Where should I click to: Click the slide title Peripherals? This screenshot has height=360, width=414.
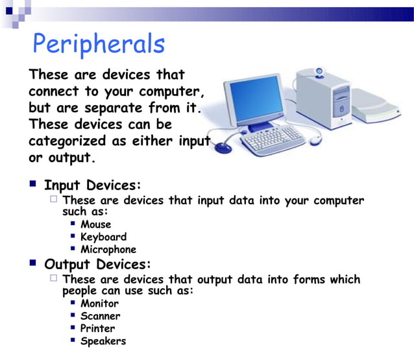coord(99,44)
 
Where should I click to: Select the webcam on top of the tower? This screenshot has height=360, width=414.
coord(320,72)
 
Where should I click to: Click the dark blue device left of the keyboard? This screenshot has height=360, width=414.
coord(223,147)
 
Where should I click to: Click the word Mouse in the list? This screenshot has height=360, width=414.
coord(95,224)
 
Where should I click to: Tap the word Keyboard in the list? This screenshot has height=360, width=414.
coord(103,237)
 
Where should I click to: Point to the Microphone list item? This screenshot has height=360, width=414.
coord(108,249)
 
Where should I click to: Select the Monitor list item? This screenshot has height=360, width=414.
coord(99,304)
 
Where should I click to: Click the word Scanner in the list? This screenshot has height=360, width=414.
coord(100,316)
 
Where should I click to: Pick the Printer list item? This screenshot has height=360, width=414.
coord(97,328)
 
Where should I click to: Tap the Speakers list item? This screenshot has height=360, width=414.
coord(103,341)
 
